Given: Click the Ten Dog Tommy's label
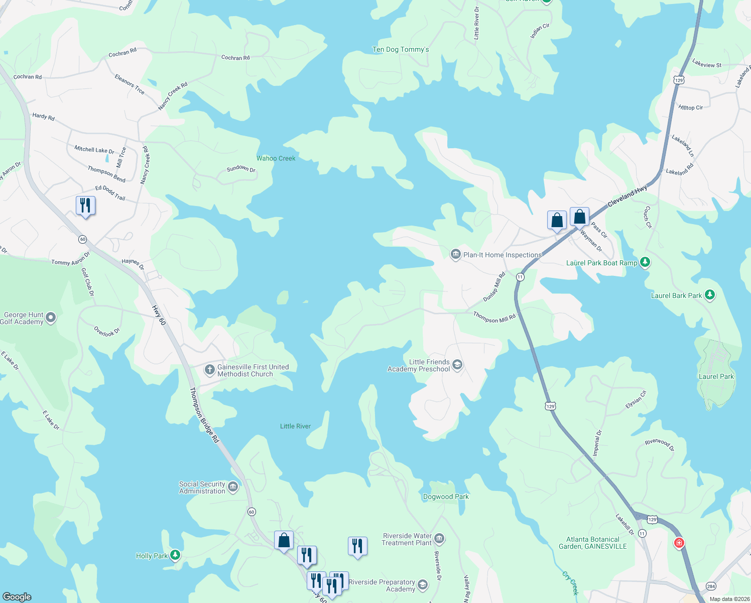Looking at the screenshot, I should click(401, 49).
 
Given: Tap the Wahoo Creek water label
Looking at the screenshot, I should click(276, 158).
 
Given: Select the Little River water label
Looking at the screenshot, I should click(295, 426).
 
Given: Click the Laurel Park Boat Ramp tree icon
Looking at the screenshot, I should click(646, 262).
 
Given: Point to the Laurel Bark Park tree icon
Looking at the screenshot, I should click(710, 295).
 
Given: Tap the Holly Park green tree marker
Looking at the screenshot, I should click(175, 555).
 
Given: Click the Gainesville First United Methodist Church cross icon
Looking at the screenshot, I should click(210, 370).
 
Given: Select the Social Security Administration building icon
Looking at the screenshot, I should click(233, 487).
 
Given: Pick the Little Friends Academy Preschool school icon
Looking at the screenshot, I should click(457, 365).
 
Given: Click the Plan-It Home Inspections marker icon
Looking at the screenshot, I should click(456, 254).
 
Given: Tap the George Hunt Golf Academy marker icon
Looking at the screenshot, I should click(51, 318).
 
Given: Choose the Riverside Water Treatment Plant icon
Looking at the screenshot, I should click(439, 539).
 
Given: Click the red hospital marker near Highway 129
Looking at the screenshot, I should click(679, 543).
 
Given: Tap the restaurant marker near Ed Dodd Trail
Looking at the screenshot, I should click(85, 206).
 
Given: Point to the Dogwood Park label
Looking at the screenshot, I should click(446, 496).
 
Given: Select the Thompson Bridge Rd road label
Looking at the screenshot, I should click(204, 415).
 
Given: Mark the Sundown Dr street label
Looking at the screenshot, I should click(241, 168).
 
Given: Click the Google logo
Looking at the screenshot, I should click(17, 596).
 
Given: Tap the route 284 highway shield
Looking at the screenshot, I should click(711, 586).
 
